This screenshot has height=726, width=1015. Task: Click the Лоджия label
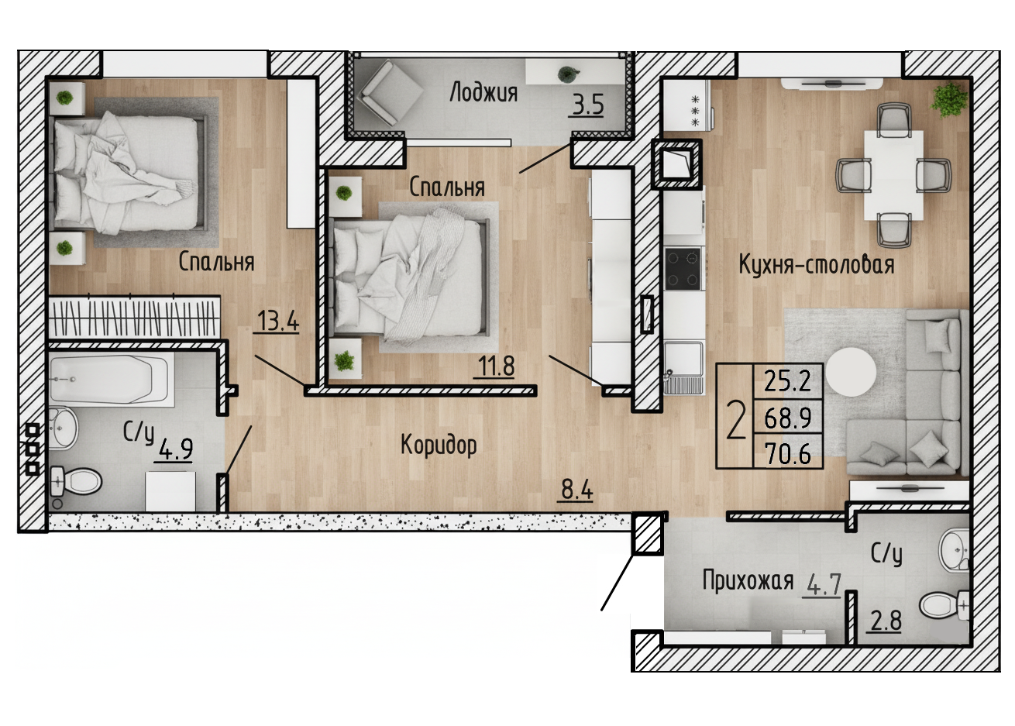click(483, 93)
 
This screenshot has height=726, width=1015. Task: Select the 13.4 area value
click(277, 322)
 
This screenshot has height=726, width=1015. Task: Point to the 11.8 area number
click(496, 366)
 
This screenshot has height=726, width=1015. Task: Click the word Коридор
click(439, 445)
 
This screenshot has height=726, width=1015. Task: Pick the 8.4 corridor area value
click(576, 490)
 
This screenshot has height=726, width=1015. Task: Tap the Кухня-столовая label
click(817, 264)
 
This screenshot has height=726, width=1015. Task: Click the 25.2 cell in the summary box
click(787, 381)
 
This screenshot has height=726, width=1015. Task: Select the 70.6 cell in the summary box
click(787, 453)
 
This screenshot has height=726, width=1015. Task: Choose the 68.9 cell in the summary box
click(787, 418)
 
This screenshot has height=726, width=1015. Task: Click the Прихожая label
click(748, 582)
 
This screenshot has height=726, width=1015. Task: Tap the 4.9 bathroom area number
click(175, 449)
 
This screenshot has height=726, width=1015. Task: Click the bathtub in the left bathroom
click(111, 380)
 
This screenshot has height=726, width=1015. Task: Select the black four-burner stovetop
click(683, 268)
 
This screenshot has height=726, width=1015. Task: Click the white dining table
click(893, 175)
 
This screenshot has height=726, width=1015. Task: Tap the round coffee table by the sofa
click(850, 372)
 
